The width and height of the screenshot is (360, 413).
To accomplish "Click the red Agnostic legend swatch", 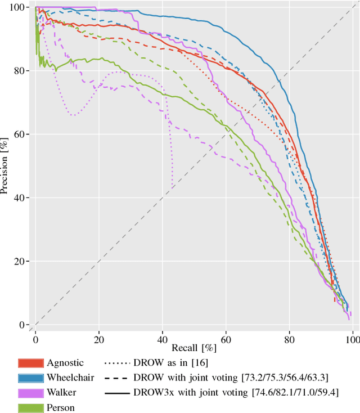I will click(31, 363).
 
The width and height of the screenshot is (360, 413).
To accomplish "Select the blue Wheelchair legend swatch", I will click(31, 378).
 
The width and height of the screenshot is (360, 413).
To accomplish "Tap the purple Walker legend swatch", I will click(31, 392).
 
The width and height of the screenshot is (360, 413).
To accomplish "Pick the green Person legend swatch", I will click(31, 406).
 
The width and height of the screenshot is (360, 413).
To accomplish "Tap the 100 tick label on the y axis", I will click(22, 7).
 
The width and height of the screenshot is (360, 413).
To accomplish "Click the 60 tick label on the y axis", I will click(24, 134).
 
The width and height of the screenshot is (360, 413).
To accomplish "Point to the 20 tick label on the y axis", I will click(24, 262).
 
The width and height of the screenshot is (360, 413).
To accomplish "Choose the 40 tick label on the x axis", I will click(162, 338).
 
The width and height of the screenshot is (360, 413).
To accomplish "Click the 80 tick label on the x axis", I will click(289, 338).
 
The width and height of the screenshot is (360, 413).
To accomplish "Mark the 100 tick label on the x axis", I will click(352, 338).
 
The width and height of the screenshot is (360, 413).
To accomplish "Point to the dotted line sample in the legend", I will click(115, 363).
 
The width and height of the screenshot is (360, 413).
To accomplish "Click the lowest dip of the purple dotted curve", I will click(172, 187).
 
